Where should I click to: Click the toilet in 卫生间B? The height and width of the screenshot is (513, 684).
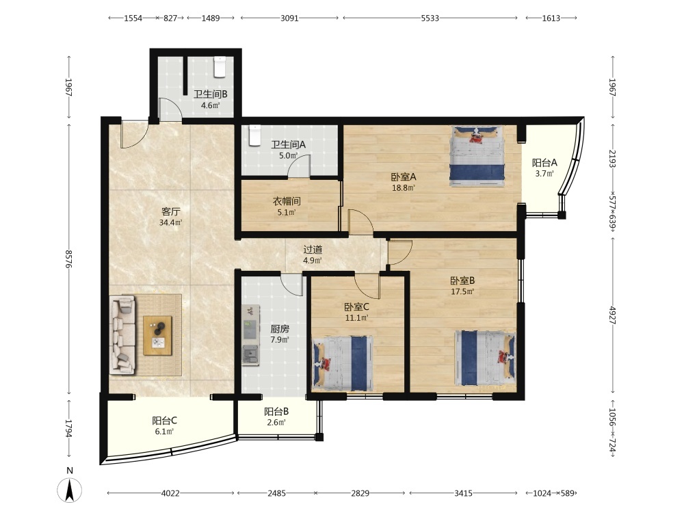220,67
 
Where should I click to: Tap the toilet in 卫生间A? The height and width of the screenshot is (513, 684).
254,135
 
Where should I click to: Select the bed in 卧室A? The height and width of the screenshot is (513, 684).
477,156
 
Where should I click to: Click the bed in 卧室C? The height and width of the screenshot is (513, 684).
343,363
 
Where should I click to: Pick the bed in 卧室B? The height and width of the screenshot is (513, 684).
485,358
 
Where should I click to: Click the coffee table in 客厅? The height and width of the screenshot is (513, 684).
157,335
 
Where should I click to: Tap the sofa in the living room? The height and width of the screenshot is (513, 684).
123,335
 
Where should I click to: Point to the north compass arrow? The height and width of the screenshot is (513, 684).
69,490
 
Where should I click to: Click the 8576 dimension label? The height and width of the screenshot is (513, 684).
68,259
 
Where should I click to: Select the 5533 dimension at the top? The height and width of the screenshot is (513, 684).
430,18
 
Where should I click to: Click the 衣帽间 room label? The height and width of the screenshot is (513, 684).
287,201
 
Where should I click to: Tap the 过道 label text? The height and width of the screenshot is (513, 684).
313,250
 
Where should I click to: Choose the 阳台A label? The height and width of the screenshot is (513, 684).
544,163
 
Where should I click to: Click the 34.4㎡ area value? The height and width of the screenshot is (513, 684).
170,222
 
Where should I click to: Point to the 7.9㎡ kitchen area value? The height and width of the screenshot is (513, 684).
280,339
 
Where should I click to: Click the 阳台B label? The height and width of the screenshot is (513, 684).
276,411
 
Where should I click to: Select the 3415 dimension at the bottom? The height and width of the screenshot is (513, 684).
463,493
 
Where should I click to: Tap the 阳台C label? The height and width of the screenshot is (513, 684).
164,421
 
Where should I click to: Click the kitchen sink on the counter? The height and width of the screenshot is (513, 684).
250,354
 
